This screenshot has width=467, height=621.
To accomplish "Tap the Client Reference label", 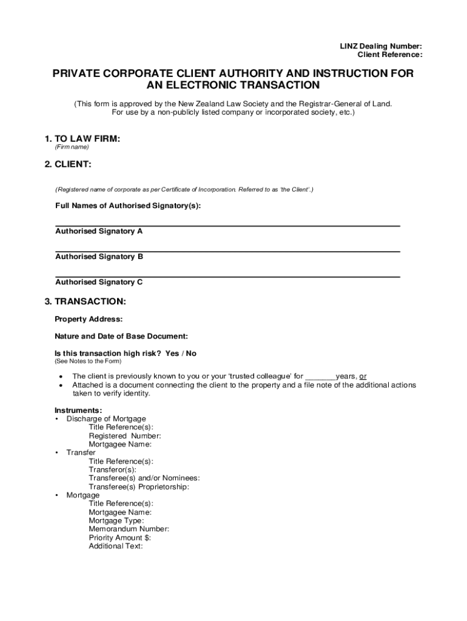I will pyautogui.click(x=389, y=55).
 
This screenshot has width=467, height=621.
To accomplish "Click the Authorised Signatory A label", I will pyautogui.click(x=99, y=232).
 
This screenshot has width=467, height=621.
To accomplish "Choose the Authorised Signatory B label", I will pyautogui.click(x=99, y=257).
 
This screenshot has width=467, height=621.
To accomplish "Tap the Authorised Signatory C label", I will pyautogui.click(x=99, y=282).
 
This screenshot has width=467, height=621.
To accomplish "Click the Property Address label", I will pyautogui.click(x=89, y=319).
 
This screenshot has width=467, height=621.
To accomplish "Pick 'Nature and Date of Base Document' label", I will pyautogui.click(x=121, y=336).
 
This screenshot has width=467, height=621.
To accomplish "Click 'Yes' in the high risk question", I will pyautogui.click(x=172, y=354).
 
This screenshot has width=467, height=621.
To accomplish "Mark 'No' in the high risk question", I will pyautogui.click(x=191, y=354).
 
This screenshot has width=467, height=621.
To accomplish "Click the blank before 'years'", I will pyautogui.click(x=320, y=377).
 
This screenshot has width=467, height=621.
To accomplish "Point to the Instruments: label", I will pyautogui.click(x=78, y=411).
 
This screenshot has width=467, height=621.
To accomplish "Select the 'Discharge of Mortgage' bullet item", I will pyautogui.click(x=106, y=419).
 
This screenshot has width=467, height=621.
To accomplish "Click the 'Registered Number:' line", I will pyautogui.click(x=125, y=435).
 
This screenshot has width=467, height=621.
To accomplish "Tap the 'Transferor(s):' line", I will pyautogui.click(x=112, y=469).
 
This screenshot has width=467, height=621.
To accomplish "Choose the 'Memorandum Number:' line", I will pyautogui.click(x=129, y=529).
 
